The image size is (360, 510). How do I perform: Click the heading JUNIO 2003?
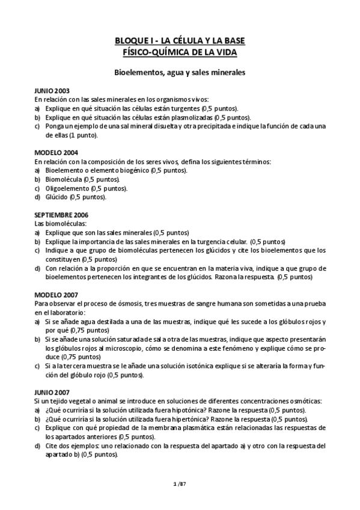[52, 90]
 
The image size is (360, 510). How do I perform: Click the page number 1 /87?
[180, 483]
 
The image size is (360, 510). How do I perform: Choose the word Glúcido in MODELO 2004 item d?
[56, 197]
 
